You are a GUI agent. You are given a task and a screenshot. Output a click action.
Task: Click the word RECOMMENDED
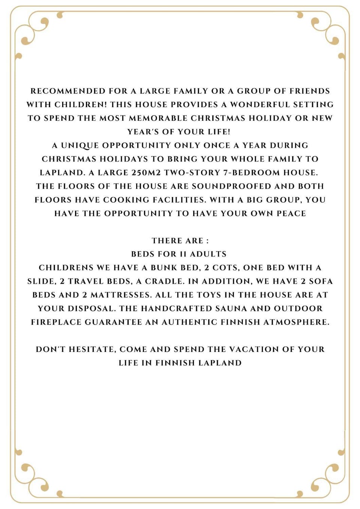click(x=68, y=91)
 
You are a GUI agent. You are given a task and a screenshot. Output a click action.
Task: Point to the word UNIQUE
click(x=80, y=145)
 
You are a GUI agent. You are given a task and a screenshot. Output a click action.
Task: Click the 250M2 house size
click(x=146, y=173)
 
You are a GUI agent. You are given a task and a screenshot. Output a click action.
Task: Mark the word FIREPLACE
click(x=56, y=322)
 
